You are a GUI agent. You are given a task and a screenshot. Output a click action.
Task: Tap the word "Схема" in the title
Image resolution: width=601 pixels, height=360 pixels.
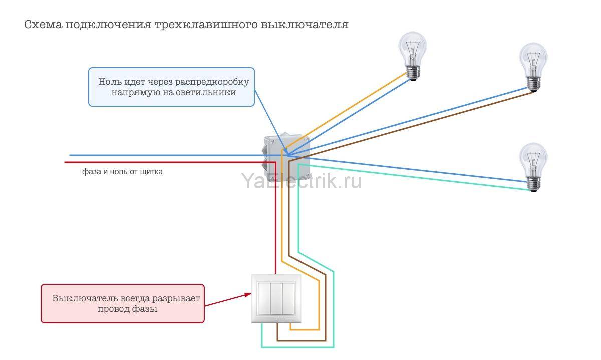coord(41,25)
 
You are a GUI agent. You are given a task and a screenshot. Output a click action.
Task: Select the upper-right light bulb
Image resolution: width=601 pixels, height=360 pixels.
coord(533,65)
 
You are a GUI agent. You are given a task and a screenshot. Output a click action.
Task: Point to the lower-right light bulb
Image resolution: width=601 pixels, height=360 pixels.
coord(533,165)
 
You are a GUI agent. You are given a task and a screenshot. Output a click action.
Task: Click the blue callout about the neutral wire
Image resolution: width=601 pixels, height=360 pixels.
coord(171,87)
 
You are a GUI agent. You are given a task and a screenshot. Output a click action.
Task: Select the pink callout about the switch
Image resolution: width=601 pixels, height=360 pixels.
coord(123,303)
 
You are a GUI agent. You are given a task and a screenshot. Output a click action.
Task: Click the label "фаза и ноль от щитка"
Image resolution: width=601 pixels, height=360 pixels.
coord(123,172)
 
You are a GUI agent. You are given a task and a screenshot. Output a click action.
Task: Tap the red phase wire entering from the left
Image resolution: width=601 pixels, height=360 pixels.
coord(150,162)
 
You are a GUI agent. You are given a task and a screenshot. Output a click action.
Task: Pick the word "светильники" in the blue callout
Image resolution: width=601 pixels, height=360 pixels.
coord(210,93)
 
